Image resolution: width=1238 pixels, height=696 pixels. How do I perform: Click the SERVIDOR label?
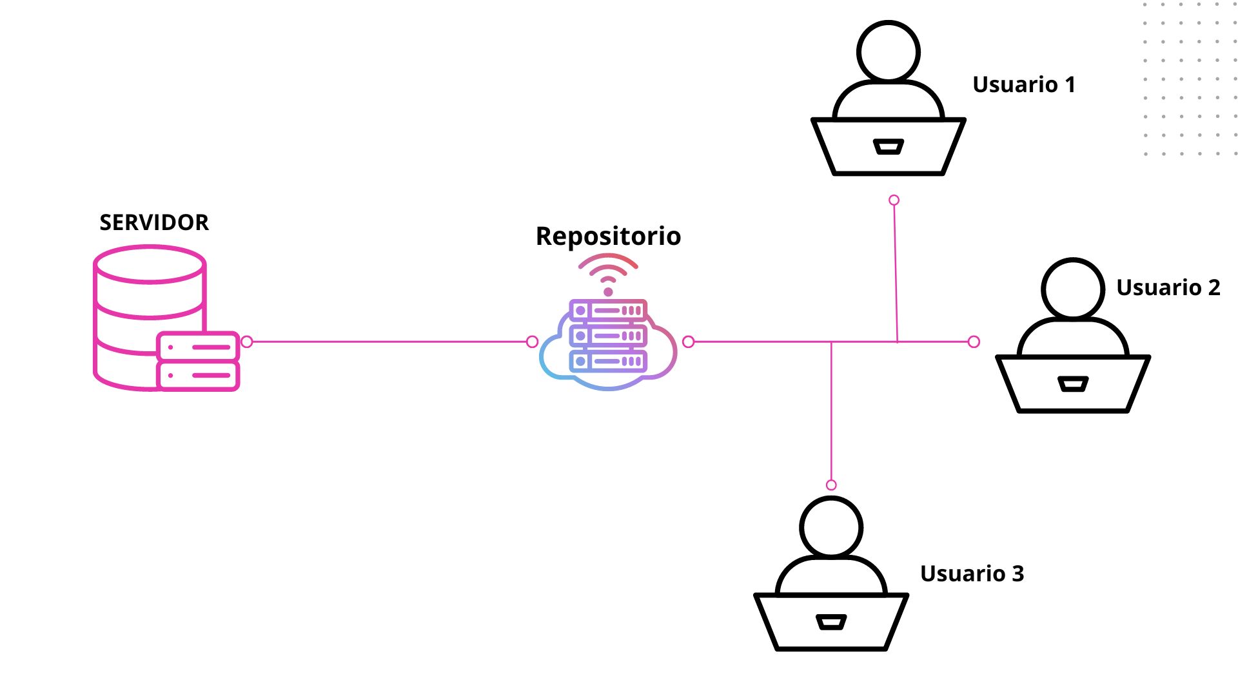click(x=154, y=222)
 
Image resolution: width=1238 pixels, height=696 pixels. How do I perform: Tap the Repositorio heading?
click(x=608, y=236)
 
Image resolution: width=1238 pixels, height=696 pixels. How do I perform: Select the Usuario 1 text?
click(x=1023, y=84)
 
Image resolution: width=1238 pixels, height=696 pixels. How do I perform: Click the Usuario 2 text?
click(x=1168, y=287)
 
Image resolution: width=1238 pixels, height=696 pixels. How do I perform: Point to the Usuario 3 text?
click(x=972, y=574)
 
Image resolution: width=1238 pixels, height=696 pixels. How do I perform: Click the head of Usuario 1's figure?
click(x=888, y=52)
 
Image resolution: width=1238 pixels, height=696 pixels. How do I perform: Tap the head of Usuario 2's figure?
click(x=1073, y=289)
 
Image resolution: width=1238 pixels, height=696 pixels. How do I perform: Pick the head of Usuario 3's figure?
click(x=831, y=527)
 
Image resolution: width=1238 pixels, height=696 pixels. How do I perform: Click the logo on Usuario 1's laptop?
click(x=888, y=147)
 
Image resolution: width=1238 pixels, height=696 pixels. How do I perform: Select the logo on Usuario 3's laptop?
click(x=831, y=622)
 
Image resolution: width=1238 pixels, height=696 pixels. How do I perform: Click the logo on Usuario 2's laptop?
click(x=1073, y=384)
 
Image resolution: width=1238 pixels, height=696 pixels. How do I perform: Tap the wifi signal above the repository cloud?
click(x=608, y=274)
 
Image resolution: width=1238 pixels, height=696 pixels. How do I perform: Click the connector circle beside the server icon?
click(x=246, y=342)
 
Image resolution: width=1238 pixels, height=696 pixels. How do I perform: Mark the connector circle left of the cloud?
click(x=532, y=342)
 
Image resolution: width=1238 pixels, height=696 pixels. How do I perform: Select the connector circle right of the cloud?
click(x=688, y=342)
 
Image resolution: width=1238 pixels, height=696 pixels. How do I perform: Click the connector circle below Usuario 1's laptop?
click(x=894, y=200)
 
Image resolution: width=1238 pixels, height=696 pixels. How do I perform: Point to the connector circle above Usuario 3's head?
click(x=831, y=485)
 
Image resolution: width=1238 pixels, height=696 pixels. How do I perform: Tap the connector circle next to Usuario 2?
click(x=974, y=342)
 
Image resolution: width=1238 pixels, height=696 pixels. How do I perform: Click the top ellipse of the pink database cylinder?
click(x=150, y=264)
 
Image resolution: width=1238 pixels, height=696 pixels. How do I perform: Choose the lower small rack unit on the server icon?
click(x=198, y=375)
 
